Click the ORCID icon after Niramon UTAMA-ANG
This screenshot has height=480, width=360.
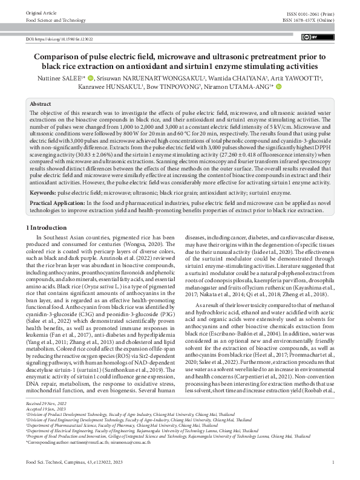pos(280,86)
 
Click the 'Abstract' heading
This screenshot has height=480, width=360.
pos(41,104)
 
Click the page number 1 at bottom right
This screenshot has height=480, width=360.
pos(333,470)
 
